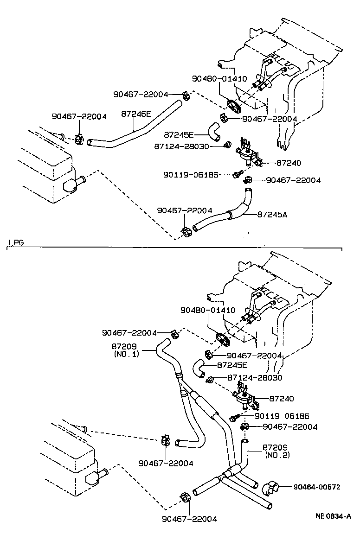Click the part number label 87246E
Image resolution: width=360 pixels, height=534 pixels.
pos(136,113)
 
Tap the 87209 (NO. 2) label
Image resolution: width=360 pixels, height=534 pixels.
pos(277,451)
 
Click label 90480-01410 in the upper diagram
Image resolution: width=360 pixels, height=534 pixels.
pos(220,79)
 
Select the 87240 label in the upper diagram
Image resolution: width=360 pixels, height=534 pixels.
pos(289,163)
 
